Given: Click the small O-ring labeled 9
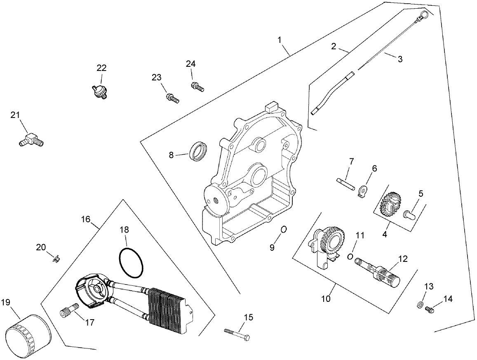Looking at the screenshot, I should [284, 229].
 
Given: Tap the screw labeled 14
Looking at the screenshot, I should [430, 308].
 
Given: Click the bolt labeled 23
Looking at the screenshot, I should [172, 98].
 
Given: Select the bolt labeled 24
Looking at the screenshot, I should [197, 87].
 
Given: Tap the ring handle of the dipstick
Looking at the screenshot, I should [423, 16].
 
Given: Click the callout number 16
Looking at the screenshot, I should [86, 219].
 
